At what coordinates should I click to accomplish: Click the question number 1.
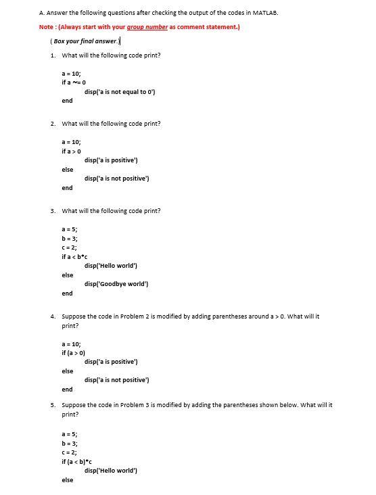[x=53, y=55]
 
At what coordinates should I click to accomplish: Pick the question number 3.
[x=53, y=211]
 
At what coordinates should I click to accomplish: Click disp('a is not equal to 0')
[x=120, y=91]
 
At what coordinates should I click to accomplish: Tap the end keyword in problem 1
[x=67, y=101]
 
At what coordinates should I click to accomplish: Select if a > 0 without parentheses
[x=72, y=151]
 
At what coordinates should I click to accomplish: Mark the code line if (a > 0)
[x=74, y=353]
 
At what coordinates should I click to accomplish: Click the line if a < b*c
[x=74, y=257]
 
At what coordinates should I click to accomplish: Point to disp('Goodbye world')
[x=116, y=284]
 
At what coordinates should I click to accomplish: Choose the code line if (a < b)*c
[x=76, y=461]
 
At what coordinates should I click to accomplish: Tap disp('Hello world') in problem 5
[x=113, y=470]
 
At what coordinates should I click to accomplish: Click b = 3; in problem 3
[x=69, y=239]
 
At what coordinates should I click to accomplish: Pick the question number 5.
[x=53, y=405]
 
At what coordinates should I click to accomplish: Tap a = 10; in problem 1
[x=71, y=73]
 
